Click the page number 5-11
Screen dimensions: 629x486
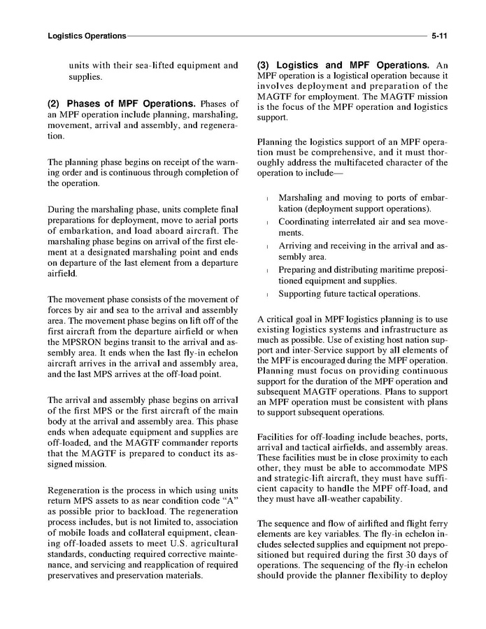click(439, 34)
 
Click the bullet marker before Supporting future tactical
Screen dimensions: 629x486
click(269, 294)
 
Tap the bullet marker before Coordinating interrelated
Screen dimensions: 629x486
click(269, 222)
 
